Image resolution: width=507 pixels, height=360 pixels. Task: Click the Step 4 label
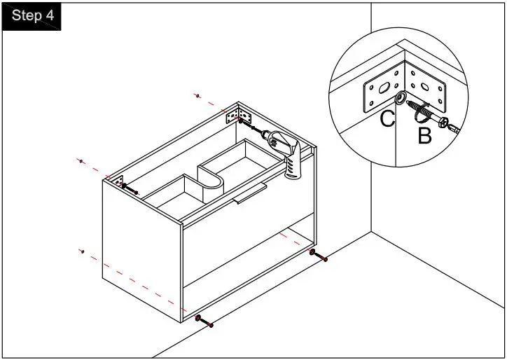tap(33, 16)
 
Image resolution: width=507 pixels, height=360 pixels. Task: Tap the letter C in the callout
tap(388, 119)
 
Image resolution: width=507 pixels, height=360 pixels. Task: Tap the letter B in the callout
tap(424, 136)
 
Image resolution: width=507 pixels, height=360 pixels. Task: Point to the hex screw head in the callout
tap(445, 123)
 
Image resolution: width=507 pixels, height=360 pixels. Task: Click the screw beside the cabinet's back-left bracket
tap(130, 188)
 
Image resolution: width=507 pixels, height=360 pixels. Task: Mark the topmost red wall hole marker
tap(198, 95)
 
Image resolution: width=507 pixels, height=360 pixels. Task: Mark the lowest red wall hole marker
tap(82, 251)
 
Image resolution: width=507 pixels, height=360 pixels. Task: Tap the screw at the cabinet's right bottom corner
tap(319, 256)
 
